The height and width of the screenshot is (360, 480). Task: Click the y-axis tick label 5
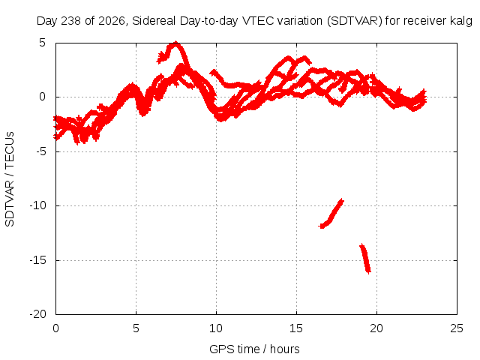pos(42,43)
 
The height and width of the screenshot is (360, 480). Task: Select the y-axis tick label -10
pos(38,205)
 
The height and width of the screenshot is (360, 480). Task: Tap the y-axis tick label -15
pos(38,260)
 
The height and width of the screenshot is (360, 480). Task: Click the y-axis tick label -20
pos(38,314)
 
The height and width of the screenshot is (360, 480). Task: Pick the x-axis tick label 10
pos(216,328)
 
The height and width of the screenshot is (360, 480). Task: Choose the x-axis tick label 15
pos(296,328)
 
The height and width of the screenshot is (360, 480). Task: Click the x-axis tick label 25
pos(457,328)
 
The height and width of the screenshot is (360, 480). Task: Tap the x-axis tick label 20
pos(376,328)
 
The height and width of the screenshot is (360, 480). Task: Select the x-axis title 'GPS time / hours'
pos(254,349)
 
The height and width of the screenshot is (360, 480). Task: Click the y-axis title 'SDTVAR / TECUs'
pos(10,179)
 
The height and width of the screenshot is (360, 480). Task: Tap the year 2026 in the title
pos(112,21)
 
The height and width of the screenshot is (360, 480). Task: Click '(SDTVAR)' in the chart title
pos(355,21)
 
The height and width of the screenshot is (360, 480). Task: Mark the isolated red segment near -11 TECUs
pos(331,214)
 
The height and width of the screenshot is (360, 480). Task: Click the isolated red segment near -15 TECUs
pos(365,259)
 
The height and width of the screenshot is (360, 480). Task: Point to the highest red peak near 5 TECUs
pos(175,43)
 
